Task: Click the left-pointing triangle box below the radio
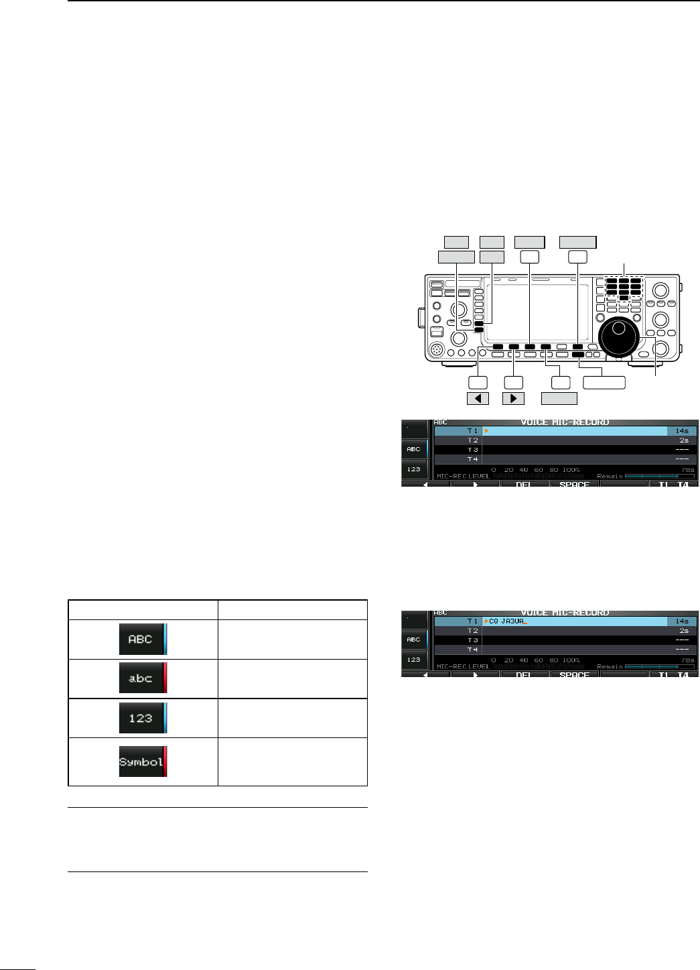click(478, 398)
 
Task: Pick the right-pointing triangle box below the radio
click(513, 398)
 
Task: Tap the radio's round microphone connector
click(437, 349)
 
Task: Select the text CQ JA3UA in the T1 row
click(506, 621)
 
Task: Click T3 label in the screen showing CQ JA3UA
click(473, 640)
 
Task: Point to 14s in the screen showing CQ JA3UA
click(682, 621)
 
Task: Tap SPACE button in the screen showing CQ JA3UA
click(574, 674)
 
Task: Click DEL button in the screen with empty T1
click(524, 484)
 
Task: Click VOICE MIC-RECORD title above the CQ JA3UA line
click(565, 613)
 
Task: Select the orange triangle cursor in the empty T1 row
click(486, 431)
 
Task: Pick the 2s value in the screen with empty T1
click(683, 440)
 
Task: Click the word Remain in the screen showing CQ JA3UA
click(610, 667)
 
